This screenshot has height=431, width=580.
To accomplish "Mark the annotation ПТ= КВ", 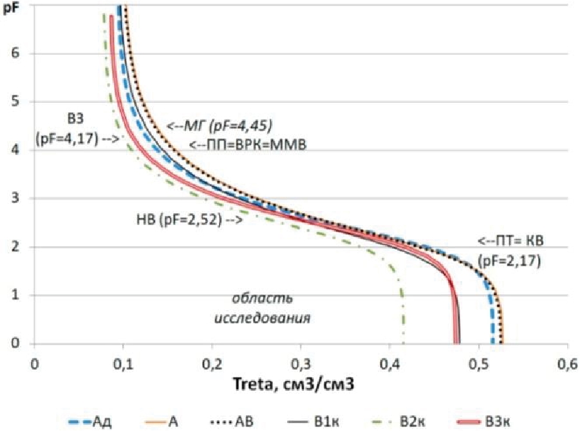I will (x=511, y=242).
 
